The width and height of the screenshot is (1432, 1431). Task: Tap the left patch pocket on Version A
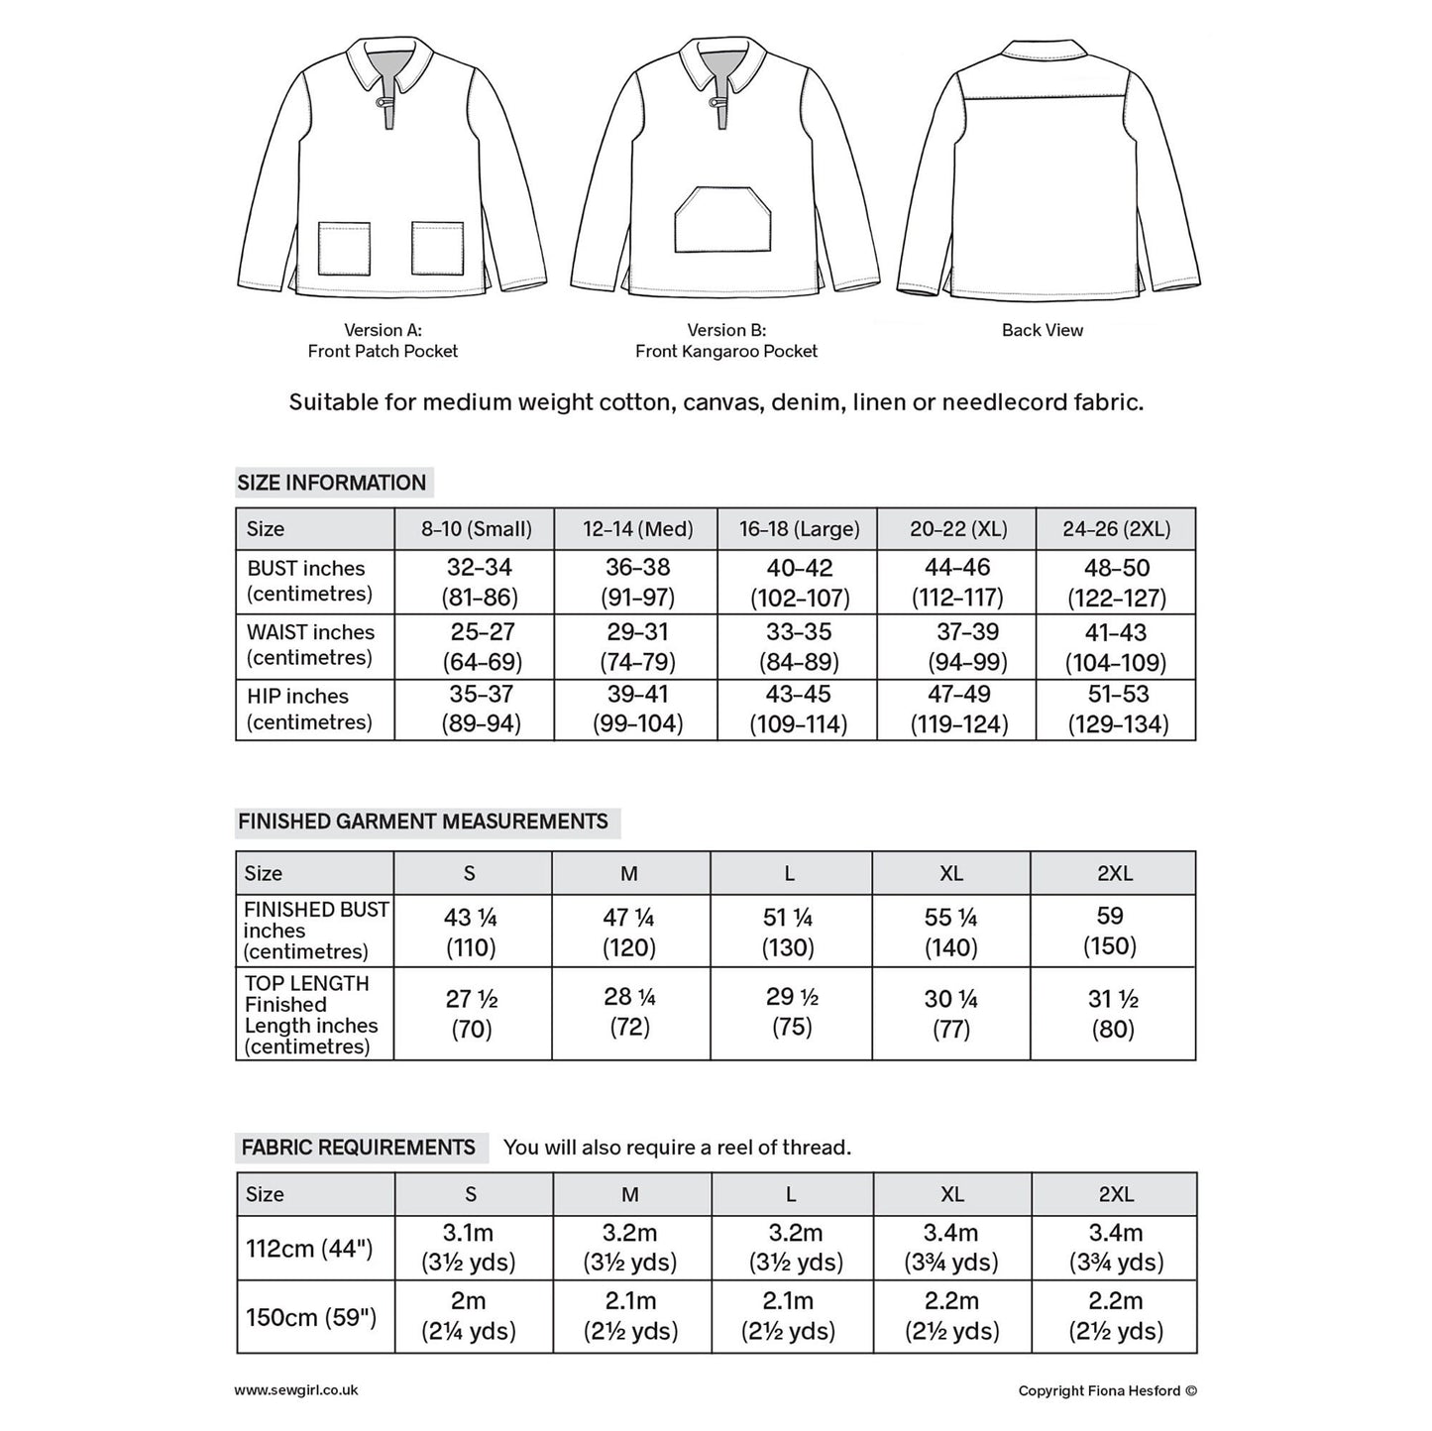point(344,249)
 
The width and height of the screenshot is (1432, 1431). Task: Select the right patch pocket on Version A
point(437,249)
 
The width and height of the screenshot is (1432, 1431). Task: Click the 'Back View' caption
point(1042,330)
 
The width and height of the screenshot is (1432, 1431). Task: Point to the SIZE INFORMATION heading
point(332,483)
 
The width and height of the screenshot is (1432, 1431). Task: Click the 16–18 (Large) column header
point(799,529)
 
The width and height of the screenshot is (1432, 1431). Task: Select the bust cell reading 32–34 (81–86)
point(480,583)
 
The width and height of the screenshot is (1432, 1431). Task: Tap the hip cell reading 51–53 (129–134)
point(1117,710)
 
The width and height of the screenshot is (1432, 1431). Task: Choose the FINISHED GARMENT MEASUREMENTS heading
point(423,822)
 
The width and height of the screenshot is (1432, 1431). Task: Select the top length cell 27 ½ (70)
point(472,1014)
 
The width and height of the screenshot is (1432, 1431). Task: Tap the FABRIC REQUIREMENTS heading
point(359,1148)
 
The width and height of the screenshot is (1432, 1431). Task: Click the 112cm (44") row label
point(310,1248)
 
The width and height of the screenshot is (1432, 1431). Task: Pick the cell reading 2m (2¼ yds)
point(470,1316)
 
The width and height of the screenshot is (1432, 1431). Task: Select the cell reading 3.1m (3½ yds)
point(470,1248)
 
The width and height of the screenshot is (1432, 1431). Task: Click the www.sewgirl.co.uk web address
point(296,1390)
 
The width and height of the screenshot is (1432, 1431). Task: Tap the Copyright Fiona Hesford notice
point(1107,1390)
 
